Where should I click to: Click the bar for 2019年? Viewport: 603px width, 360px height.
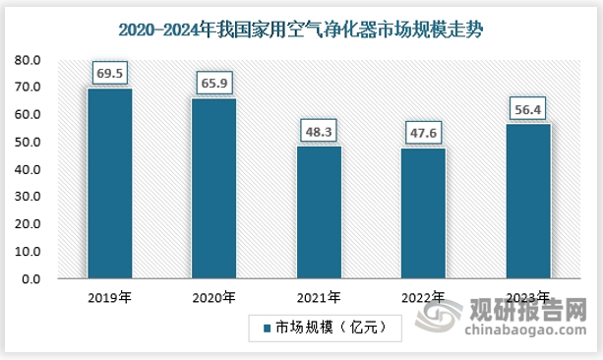tap(109, 184)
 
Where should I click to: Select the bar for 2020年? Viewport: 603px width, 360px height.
tap(213, 189)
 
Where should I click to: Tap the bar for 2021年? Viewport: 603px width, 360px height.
tap(319, 212)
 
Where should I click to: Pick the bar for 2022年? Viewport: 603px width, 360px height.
tap(423, 213)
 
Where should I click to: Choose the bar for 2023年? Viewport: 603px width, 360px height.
tap(527, 202)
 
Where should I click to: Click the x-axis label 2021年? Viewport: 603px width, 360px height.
tap(319, 297)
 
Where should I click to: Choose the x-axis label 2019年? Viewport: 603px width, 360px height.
tap(109, 297)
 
